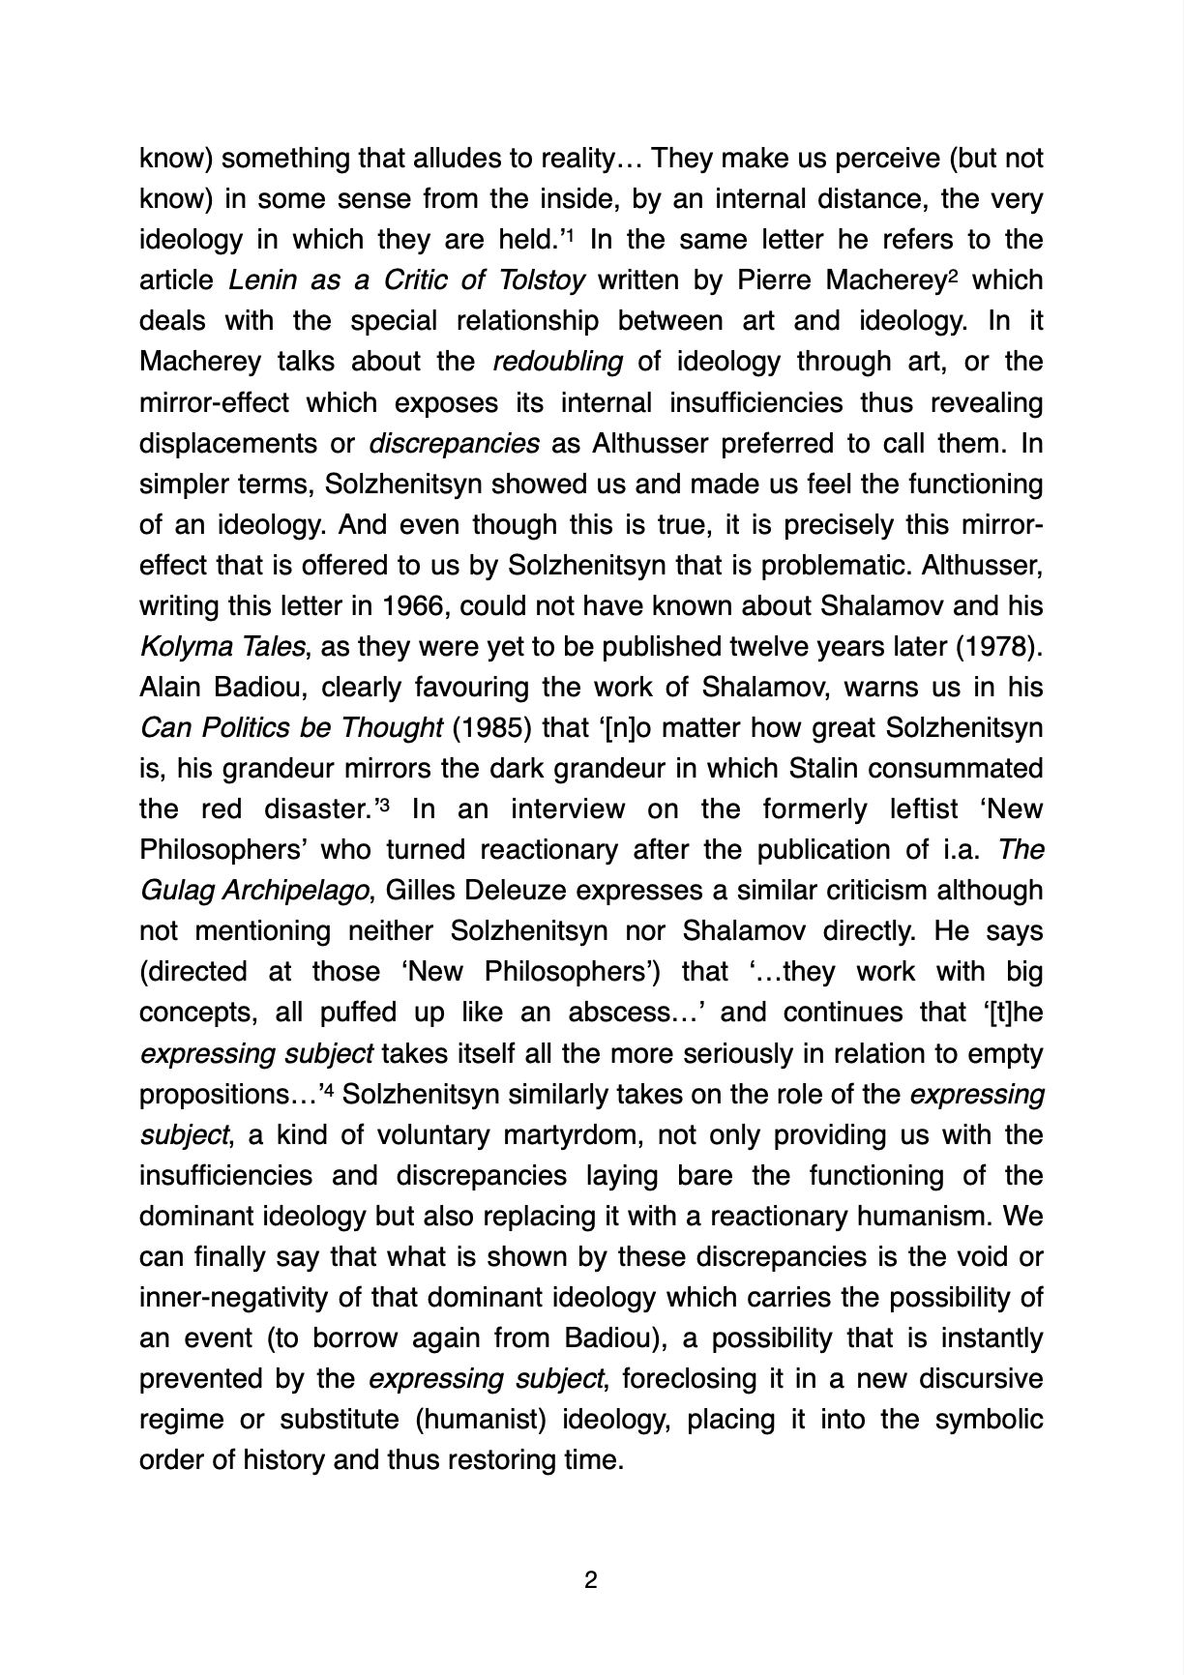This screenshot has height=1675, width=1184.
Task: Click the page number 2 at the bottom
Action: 591,1580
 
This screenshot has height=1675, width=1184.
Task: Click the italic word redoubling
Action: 557,362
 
